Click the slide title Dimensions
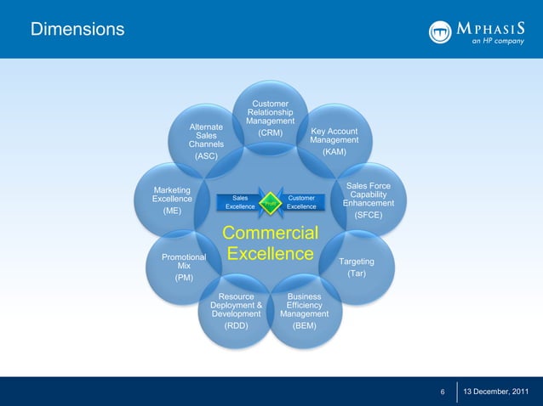[x=77, y=31]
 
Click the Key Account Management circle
[x=334, y=141]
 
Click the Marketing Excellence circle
[x=172, y=200]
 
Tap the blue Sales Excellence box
[x=240, y=202]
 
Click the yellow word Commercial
[x=270, y=233]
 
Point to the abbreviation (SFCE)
[x=369, y=216]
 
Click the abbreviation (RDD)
[x=236, y=325]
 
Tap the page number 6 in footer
[x=443, y=392]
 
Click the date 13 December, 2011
[x=500, y=392]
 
